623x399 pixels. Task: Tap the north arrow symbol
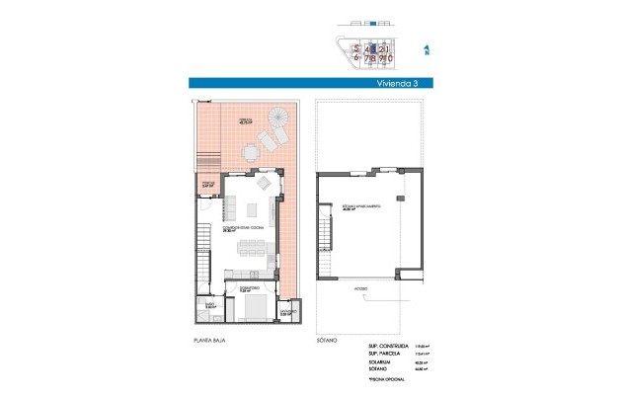pyautogui.click(x=426, y=47)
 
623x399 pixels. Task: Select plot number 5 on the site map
pyautogui.click(x=343, y=46)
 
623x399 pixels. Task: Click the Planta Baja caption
pyautogui.click(x=205, y=340)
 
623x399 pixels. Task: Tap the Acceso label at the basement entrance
pyautogui.click(x=360, y=289)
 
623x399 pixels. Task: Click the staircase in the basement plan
pyautogui.click(x=323, y=237)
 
